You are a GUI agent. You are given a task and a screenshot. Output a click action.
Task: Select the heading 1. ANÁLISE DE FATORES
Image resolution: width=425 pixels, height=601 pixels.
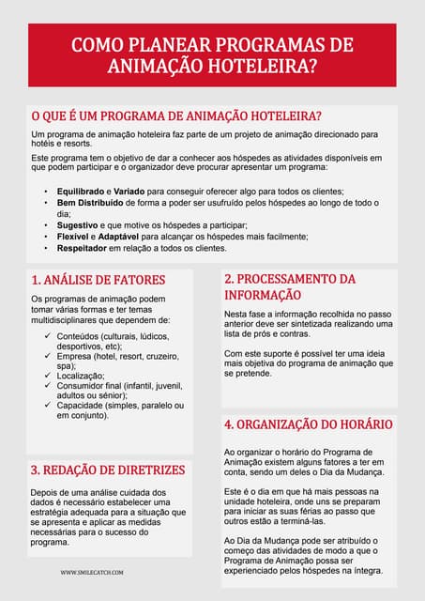pyautogui.click(x=98, y=280)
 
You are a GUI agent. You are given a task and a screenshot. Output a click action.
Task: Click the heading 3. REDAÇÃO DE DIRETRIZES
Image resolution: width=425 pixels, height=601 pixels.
pyautogui.click(x=108, y=470)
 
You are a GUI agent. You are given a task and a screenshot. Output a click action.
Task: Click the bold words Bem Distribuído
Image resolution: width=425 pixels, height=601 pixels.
pyautogui.click(x=94, y=203)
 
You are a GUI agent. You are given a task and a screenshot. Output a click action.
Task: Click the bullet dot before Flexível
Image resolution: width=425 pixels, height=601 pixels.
pyautogui.click(x=46, y=238)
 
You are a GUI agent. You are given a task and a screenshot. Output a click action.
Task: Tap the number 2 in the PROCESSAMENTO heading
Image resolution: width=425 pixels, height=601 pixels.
pyautogui.click(x=228, y=279)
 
